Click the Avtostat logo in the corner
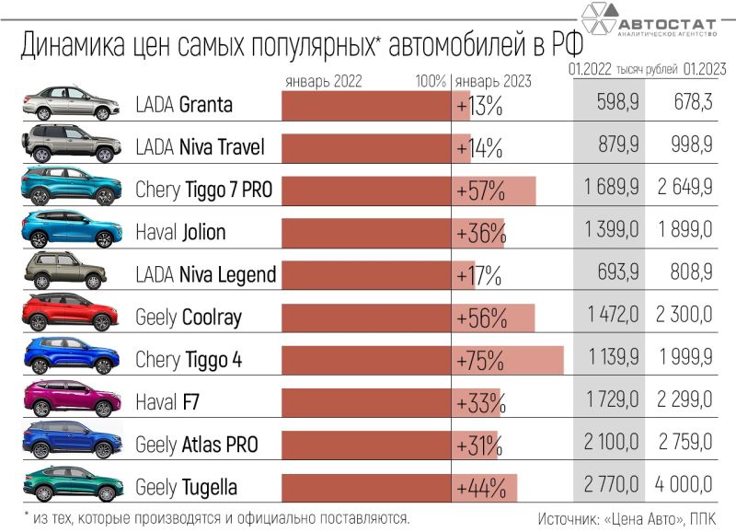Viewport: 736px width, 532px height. coord(650,20)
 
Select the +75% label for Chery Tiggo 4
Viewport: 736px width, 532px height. coord(479,360)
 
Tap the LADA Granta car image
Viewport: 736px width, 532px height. coord(71,103)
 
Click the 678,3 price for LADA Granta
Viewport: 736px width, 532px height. coord(684,105)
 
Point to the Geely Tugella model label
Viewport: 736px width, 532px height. coord(186,487)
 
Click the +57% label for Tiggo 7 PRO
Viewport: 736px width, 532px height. coord(480,190)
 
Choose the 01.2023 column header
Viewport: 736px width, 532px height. coord(706,69)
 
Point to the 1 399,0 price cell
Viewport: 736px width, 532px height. coord(610,232)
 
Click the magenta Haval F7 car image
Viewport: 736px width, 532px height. coord(71,399)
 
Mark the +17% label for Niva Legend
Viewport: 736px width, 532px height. coord(478,275)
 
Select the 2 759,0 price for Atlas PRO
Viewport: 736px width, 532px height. coord(684,445)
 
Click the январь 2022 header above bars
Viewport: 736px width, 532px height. coord(324,80)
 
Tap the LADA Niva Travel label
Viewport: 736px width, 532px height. coord(200,147)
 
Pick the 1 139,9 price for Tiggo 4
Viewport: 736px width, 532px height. coord(610,360)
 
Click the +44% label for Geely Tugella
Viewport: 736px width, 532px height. coord(479,487)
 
